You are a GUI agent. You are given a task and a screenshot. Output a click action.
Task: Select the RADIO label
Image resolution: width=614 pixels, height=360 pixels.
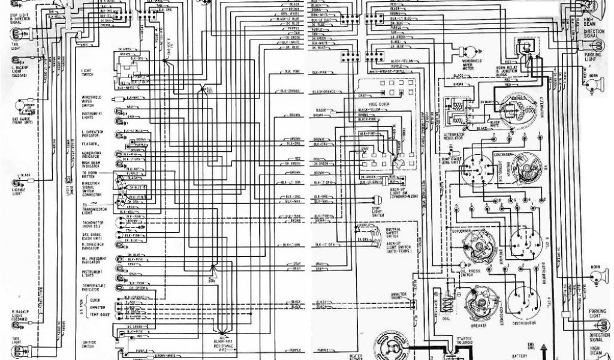click(322, 111)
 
